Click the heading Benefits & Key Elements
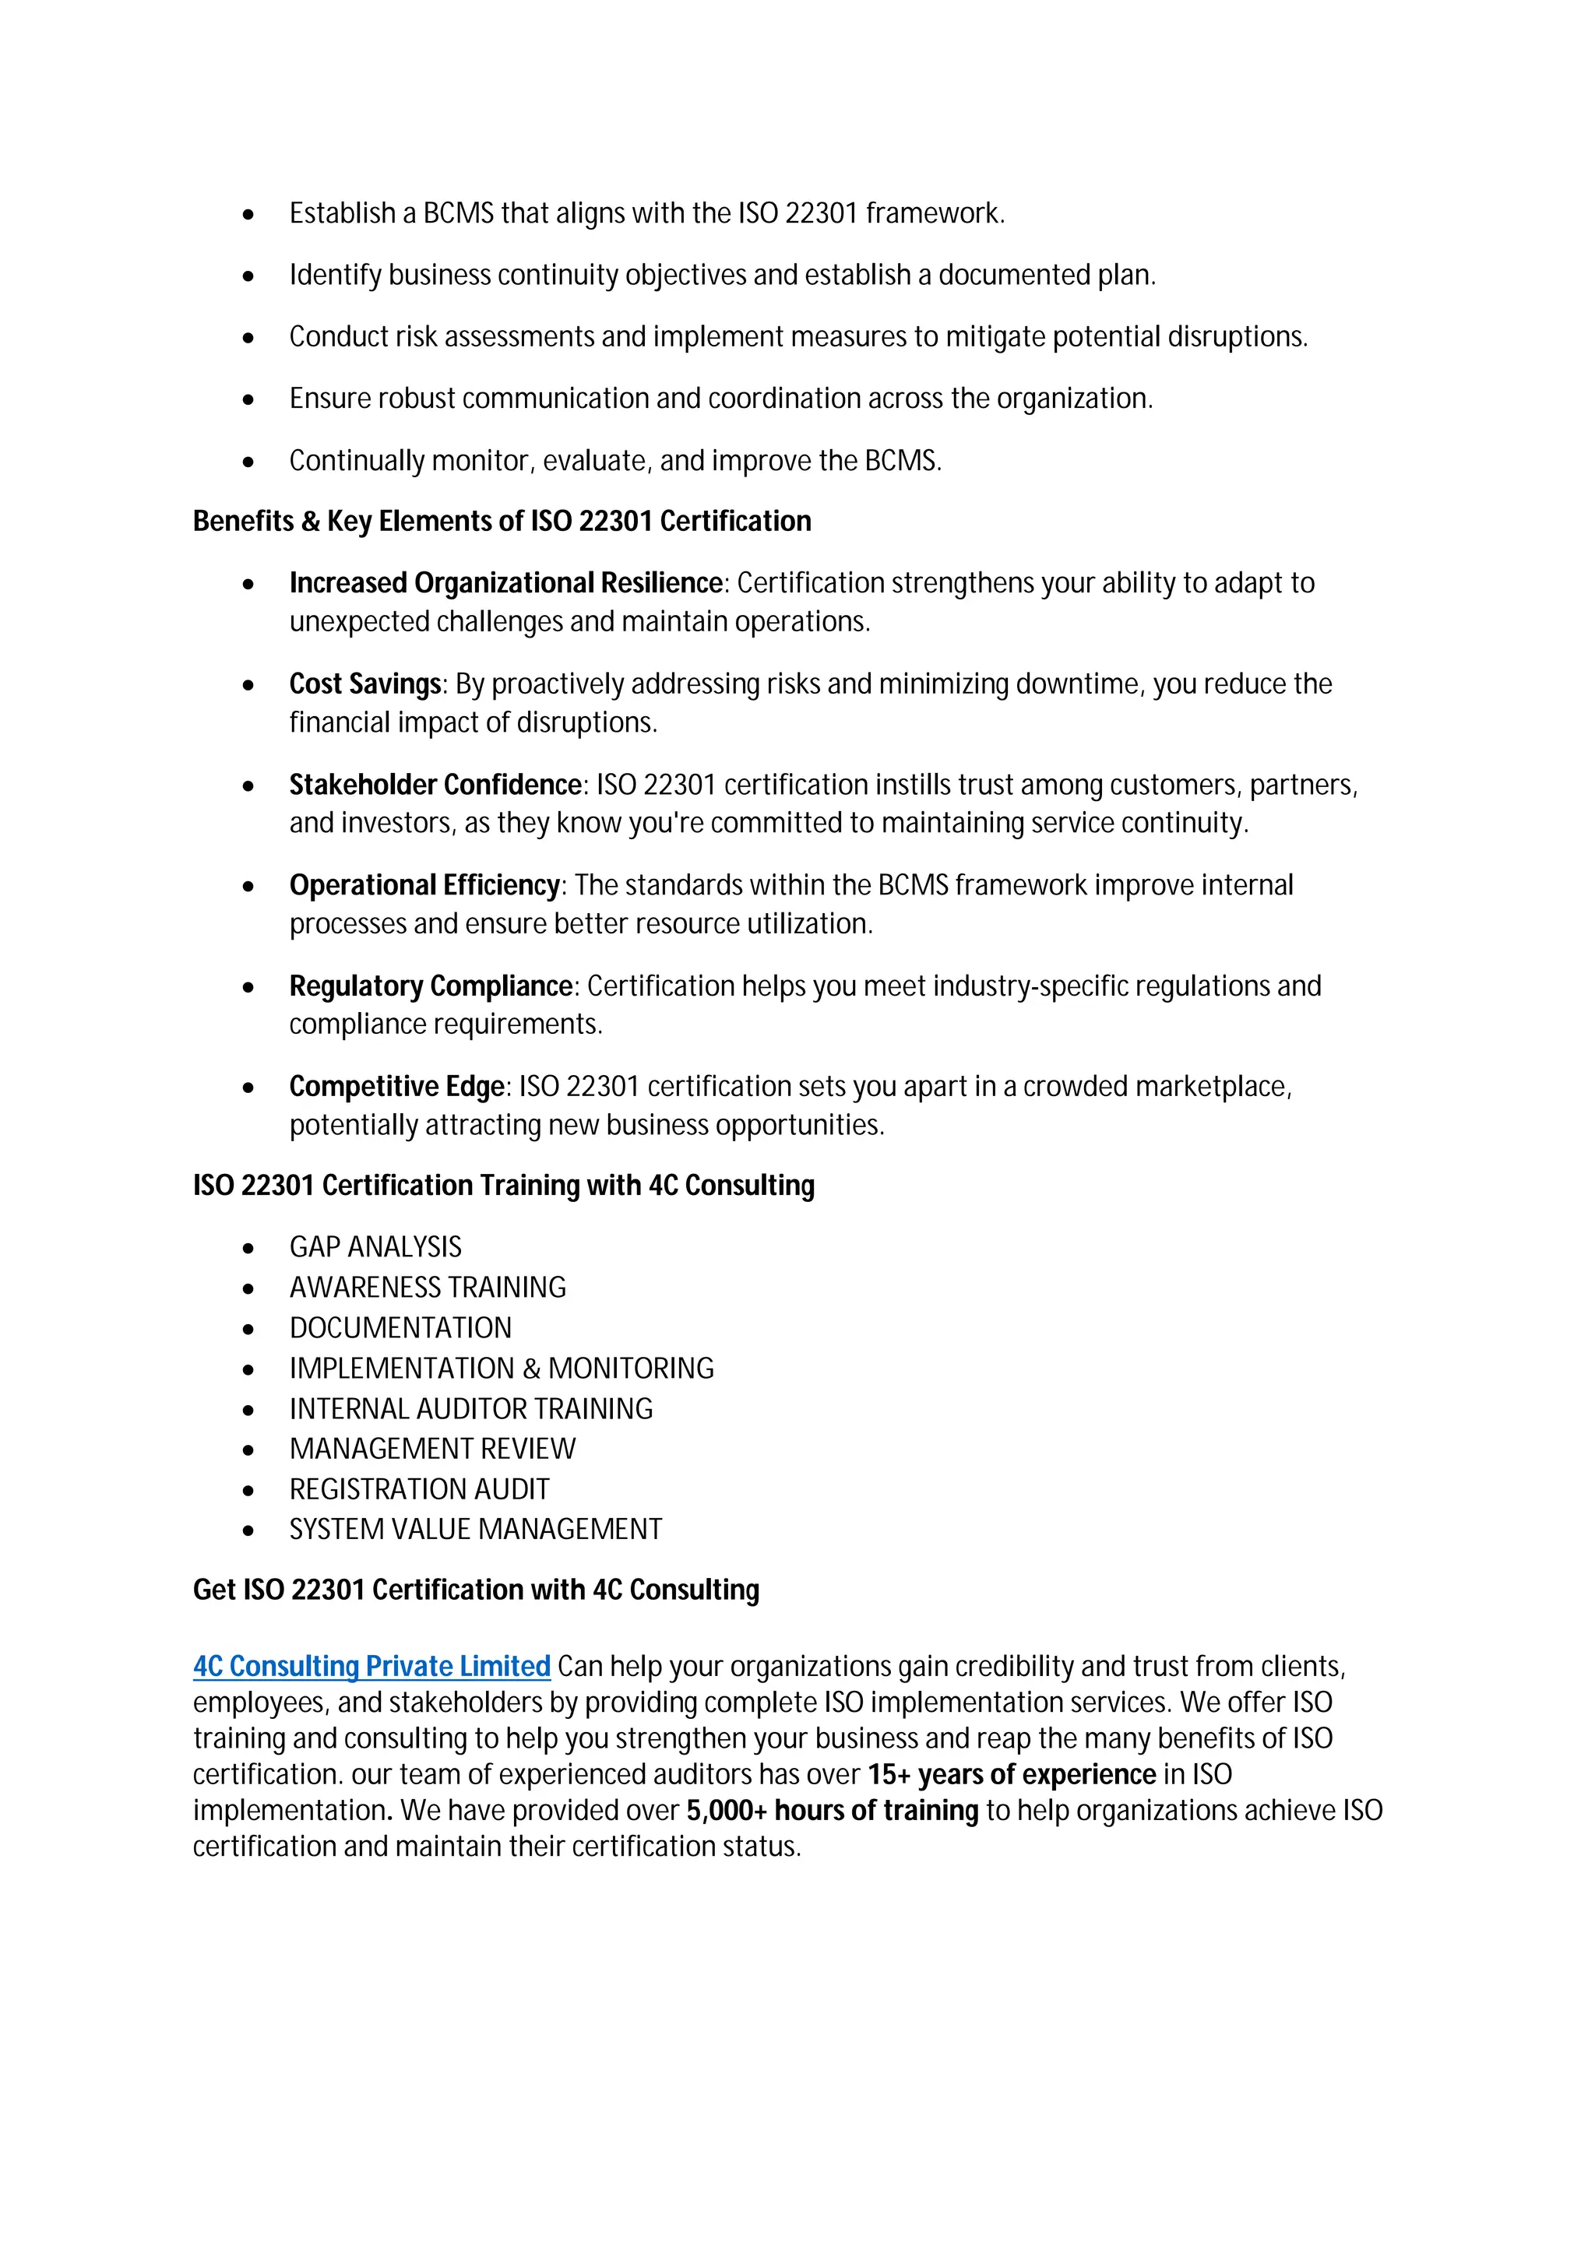pos(502,522)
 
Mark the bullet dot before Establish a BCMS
pos(248,214)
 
